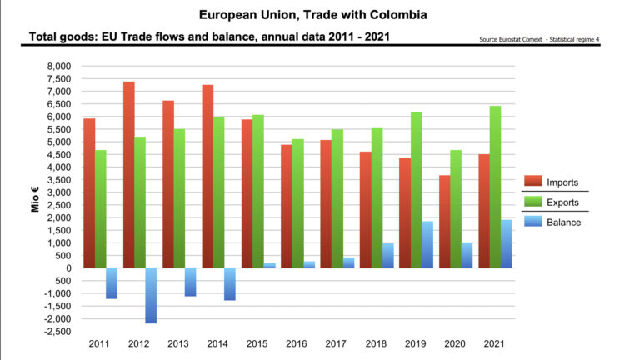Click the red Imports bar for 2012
(128, 175)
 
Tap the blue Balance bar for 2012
(150, 295)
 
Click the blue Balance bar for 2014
(229, 283)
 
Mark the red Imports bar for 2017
(327, 203)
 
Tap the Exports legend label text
(565, 202)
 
